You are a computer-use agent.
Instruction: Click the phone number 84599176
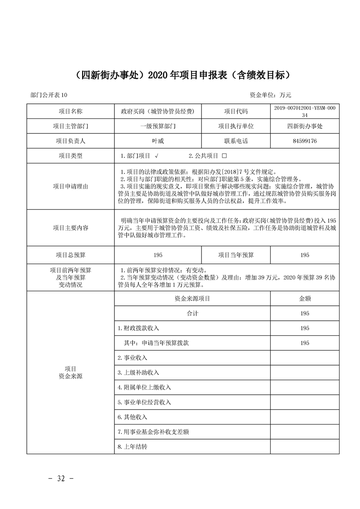[305, 141]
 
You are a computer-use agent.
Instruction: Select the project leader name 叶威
[158, 141]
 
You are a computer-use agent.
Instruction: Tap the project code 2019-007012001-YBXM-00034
[305, 112]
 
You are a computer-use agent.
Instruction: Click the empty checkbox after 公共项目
[224, 156]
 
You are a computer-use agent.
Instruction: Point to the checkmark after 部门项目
[156, 156]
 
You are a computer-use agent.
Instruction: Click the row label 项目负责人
[70, 141]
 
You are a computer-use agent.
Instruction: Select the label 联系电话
[236, 141]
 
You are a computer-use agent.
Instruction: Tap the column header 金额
[305, 299]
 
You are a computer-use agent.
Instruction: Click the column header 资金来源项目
[192, 299]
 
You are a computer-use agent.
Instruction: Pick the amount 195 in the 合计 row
[305, 313]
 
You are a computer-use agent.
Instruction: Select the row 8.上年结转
[133, 447]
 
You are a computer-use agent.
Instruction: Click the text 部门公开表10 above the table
[49, 95]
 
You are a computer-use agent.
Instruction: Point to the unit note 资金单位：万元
[270, 95]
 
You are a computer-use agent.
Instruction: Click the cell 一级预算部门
[158, 127]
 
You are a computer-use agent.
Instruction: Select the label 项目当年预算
[236, 255]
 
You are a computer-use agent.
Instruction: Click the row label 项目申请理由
[70, 186]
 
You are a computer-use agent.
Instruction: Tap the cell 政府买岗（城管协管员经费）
[158, 112]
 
